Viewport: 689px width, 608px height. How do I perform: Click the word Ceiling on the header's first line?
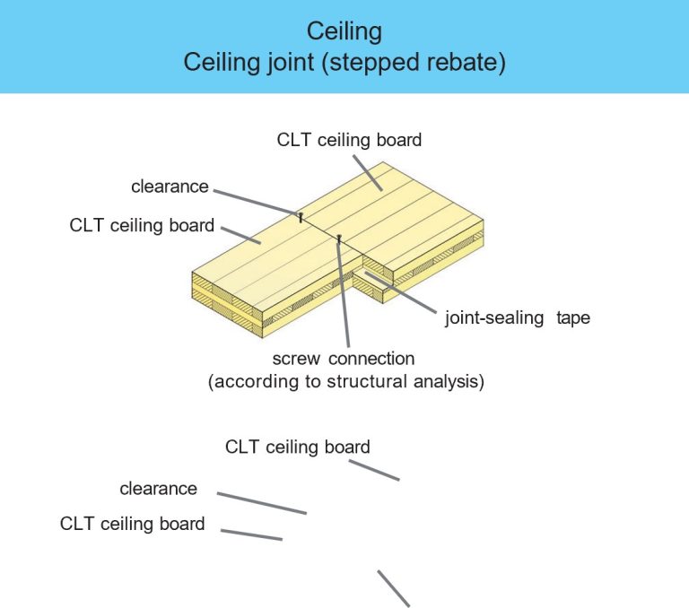[x=344, y=31]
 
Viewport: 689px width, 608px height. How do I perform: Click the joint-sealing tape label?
[x=517, y=317]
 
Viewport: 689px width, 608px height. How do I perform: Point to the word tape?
[x=573, y=317]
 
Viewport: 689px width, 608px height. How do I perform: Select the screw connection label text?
[x=344, y=359]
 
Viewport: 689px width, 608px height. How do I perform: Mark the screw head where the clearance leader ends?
[x=300, y=215]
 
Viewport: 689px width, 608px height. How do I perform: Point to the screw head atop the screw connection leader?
[x=339, y=238]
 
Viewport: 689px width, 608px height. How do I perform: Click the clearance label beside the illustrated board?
[x=170, y=187]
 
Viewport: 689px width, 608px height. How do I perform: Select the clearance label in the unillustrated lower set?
[x=158, y=489]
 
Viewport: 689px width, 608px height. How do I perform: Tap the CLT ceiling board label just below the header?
[x=349, y=140]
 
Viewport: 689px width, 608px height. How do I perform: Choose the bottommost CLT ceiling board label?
[x=132, y=524]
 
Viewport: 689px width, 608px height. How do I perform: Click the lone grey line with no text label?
[x=393, y=588]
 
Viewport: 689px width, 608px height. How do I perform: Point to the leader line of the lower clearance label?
[x=261, y=503]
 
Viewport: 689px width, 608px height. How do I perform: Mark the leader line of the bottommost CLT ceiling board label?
[x=251, y=534]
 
